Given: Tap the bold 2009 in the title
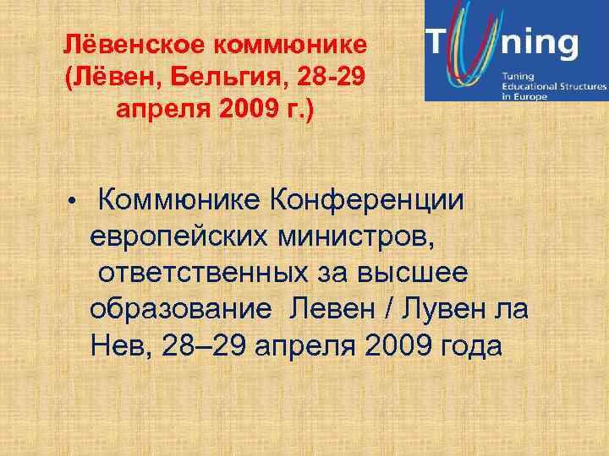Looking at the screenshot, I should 247,111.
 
